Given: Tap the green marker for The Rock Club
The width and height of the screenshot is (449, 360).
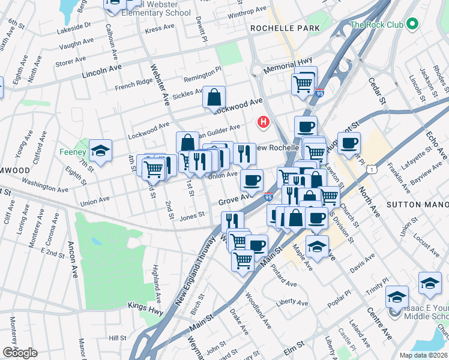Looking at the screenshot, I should coord(412,25).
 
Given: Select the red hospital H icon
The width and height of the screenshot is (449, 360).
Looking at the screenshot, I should coord(262,122).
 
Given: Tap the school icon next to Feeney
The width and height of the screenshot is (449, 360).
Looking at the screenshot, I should coord(100,151).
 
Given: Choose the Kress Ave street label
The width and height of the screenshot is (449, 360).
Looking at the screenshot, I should coord(159,28).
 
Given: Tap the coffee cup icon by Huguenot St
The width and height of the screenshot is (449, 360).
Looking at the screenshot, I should coord(349,143).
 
